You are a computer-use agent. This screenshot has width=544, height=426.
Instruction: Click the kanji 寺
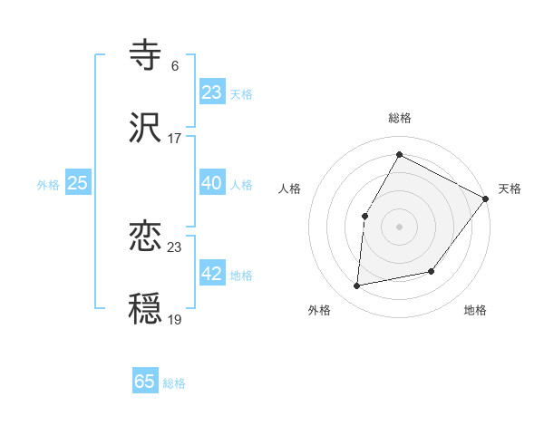pos(146,54)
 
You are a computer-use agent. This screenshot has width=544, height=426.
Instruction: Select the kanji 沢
pos(146,128)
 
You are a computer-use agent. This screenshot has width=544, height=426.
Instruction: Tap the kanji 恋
pos(146,237)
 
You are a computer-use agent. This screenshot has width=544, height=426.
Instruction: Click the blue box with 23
pos(212,92)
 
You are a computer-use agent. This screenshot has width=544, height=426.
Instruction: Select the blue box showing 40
pos(212,183)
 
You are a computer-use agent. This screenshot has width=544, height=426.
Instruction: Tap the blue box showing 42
pos(212,275)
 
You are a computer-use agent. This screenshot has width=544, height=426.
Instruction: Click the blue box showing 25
pos(78,183)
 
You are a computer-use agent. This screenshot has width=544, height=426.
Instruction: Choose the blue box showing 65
pos(145,382)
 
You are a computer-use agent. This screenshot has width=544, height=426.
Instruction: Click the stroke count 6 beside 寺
pos(175,65)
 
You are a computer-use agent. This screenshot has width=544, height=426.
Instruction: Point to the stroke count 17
pos(174,139)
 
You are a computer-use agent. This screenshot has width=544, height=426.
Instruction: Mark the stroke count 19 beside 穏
pos(174,319)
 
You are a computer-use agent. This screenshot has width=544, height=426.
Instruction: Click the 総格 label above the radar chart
pos(399,118)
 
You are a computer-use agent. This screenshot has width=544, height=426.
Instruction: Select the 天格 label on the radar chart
pos(510,189)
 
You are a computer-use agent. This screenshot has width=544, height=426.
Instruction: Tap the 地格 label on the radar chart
pos(475,310)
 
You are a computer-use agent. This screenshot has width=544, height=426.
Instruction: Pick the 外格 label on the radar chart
pos(319,310)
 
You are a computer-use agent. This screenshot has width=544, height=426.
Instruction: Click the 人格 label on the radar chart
pos(290,189)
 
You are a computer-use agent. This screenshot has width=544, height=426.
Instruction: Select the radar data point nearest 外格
pos(357,286)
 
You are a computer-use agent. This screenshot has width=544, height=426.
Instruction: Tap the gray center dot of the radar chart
pos(399,226)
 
